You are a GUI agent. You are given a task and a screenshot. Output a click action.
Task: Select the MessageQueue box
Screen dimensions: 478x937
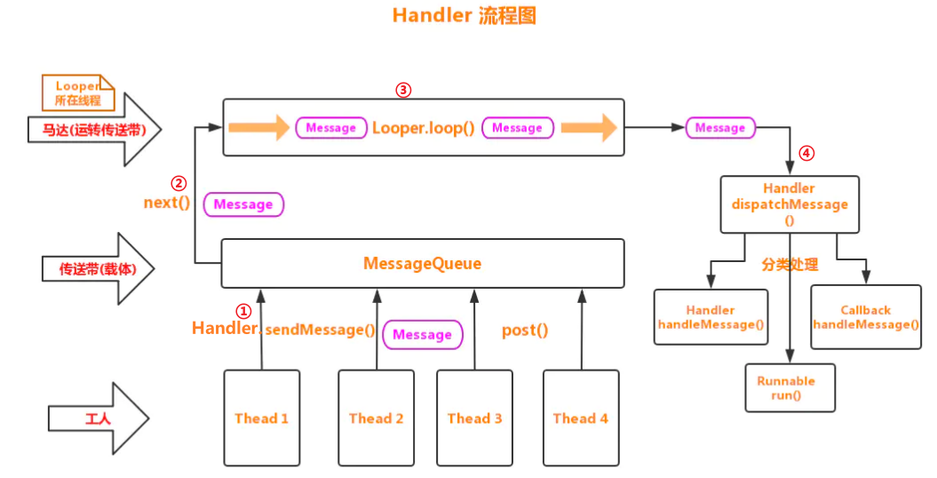click(422, 264)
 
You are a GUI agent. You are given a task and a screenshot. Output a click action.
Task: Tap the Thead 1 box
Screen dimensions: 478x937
click(261, 418)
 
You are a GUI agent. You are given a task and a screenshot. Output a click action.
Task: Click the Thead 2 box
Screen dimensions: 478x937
click(376, 418)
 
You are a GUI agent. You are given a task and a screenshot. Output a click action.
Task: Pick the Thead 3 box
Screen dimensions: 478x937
click(474, 418)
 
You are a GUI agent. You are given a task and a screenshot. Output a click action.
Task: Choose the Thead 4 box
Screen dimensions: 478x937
click(580, 418)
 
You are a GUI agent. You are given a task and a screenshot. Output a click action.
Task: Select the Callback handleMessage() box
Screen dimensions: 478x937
click(865, 317)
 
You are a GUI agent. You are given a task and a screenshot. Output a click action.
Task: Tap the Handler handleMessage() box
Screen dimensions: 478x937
click(711, 317)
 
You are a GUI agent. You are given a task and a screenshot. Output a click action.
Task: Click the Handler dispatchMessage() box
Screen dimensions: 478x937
click(790, 204)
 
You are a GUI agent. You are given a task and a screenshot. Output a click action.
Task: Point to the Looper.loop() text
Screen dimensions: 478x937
click(423, 128)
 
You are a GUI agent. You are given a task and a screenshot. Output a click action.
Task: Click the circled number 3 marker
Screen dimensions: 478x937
click(403, 90)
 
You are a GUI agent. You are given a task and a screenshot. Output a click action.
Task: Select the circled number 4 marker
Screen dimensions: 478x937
click(806, 153)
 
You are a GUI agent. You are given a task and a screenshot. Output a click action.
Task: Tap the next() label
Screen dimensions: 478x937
click(167, 203)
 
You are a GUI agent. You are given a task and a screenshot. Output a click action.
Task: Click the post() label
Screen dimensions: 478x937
click(525, 331)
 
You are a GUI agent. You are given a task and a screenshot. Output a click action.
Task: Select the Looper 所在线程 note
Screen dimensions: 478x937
click(78, 93)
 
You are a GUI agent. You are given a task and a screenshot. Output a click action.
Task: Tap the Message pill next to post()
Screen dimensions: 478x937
click(422, 335)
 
